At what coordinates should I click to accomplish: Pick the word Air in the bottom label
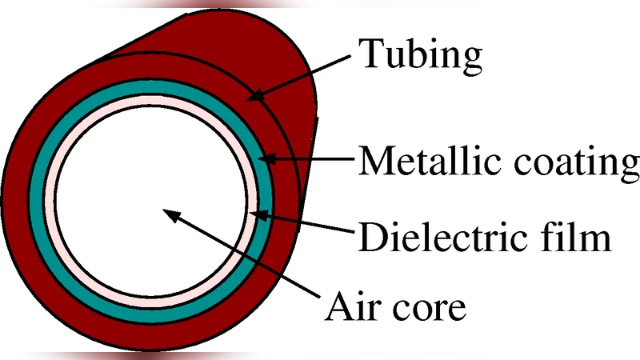point(357,305)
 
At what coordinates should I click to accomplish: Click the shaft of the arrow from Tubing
point(304,75)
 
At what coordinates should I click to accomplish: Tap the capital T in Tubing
point(368,54)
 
